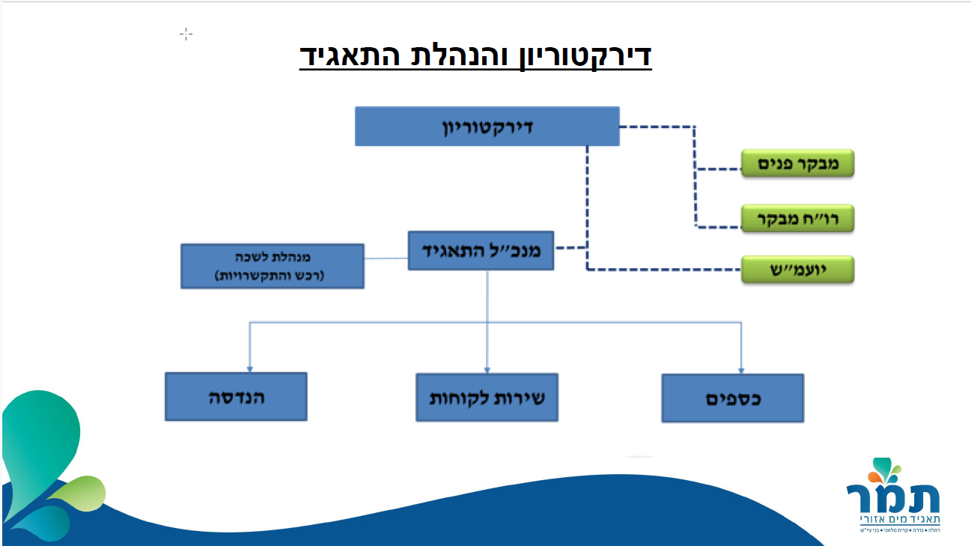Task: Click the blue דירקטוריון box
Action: pyautogui.click(x=487, y=126)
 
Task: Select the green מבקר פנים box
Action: pyautogui.click(x=797, y=163)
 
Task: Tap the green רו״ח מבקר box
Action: pyautogui.click(x=797, y=218)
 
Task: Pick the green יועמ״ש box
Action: pyautogui.click(x=797, y=269)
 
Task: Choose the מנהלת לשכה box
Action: pyautogui.click(x=273, y=266)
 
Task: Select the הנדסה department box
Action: pyautogui.click(x=236, y=396)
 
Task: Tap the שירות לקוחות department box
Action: pyautogui.click(x=487, y=396)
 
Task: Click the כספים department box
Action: pyautogui.click(x=732, y=398)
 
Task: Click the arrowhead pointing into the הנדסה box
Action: pyautogui.click(x=250, y=368)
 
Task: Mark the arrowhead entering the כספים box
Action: pyautogui.click(x=741, y=369)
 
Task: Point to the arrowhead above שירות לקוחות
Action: pyautogui.click(x=487, y=368)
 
